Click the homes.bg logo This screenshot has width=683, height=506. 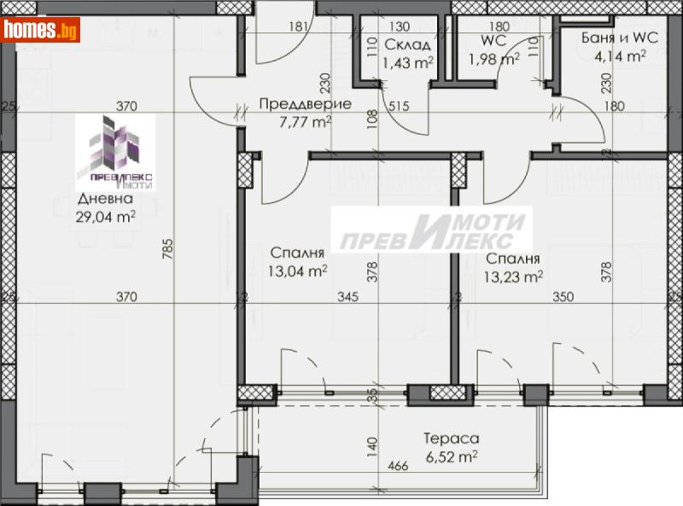pyautogui.click(x=40, y=30)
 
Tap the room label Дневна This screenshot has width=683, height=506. pyautogui.click(x=104, y=200)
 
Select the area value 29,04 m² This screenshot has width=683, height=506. pyautogui.click(x=105, y=216)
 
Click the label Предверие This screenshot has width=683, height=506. pyautogui.click(x=293, y=104)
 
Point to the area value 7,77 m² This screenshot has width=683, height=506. pyautogui.click(x=293, y=121)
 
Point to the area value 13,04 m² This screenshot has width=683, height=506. pyautogui.click(x=298, y=271)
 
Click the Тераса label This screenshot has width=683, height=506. pyautogui.click(x=451, y=439)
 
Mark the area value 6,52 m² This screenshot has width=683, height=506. pyautogui.click(x=451, y=456)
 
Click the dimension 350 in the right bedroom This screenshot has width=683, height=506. pyautogui.click(x=563, y=297)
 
